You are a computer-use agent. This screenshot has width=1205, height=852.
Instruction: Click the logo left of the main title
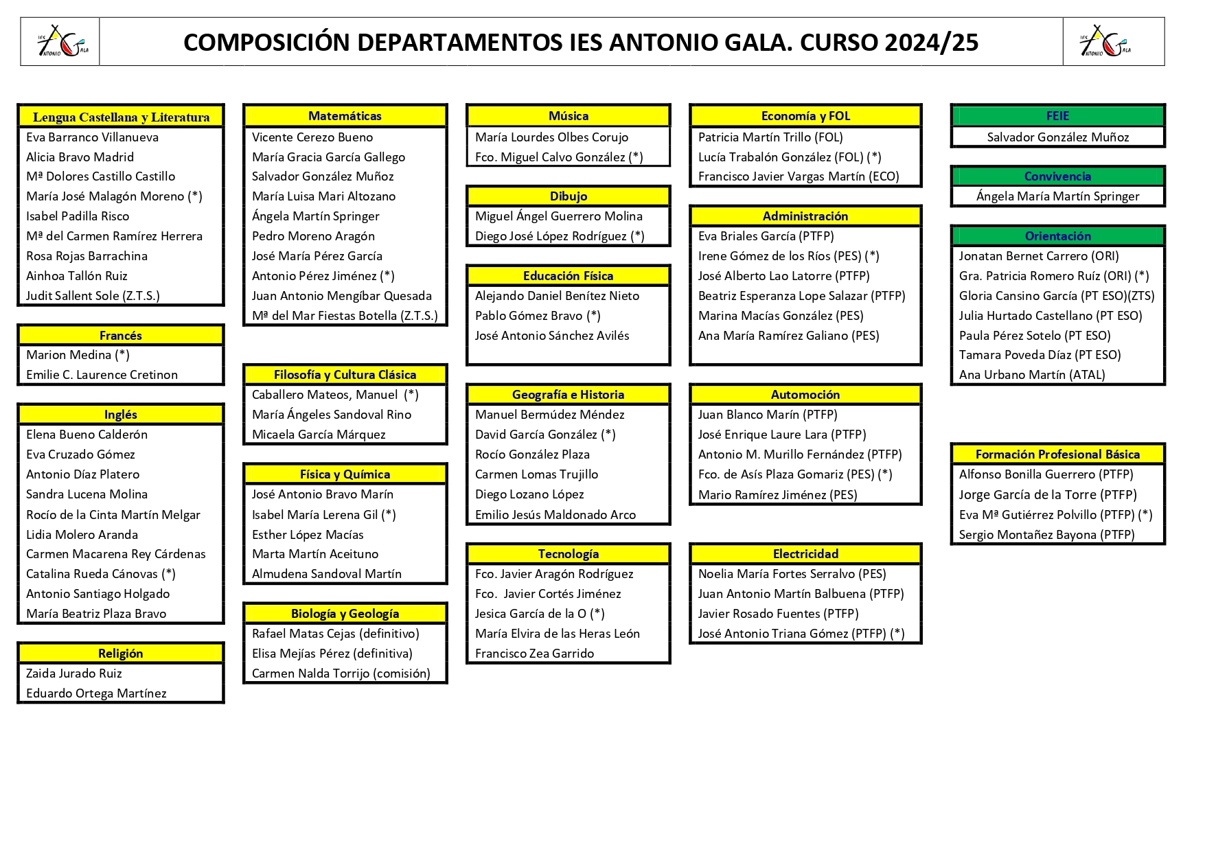point(61,43)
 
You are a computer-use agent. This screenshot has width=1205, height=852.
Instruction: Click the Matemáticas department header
point(345,116)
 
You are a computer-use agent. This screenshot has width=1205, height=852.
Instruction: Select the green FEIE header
point(1057,116)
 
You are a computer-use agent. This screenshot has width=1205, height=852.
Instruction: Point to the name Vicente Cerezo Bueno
point(312,137)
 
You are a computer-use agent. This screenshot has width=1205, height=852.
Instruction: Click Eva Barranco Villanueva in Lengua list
point(92,137)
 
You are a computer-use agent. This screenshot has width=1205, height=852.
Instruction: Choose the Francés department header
point(121,336)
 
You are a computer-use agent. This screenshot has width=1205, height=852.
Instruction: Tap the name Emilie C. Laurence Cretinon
point(102,375)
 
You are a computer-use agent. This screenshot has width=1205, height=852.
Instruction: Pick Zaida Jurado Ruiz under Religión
point(74,673)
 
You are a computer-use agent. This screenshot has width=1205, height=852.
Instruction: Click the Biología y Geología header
point(345,614)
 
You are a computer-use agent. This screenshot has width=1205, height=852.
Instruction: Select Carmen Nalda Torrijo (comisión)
point(341,673)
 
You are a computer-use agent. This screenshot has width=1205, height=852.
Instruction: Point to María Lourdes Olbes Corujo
point(551,137)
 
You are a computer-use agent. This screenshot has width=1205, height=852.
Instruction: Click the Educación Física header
point(568,276)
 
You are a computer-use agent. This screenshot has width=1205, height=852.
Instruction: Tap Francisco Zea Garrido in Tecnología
point(534,654)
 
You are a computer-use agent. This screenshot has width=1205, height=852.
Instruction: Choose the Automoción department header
point(805,395)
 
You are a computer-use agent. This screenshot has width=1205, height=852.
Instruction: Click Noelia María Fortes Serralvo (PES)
point(792,574)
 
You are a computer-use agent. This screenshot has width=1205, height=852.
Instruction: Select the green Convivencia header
point(1057,176)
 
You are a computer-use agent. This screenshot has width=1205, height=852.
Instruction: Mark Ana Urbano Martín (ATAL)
point(1031,375)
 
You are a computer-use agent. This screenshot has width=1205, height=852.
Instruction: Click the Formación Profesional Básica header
point(1057,454)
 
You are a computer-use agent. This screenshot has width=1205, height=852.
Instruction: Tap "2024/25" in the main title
point(931,43)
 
